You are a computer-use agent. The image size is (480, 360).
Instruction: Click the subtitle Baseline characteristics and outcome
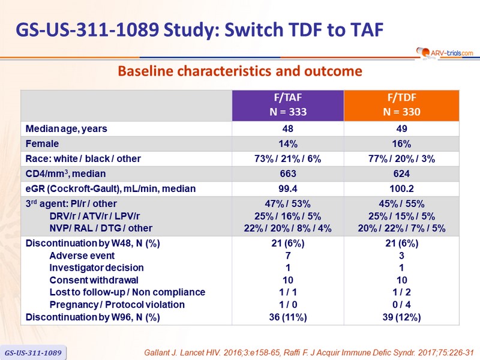[240, 71]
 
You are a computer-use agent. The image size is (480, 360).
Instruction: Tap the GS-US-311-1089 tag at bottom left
[34, 352]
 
